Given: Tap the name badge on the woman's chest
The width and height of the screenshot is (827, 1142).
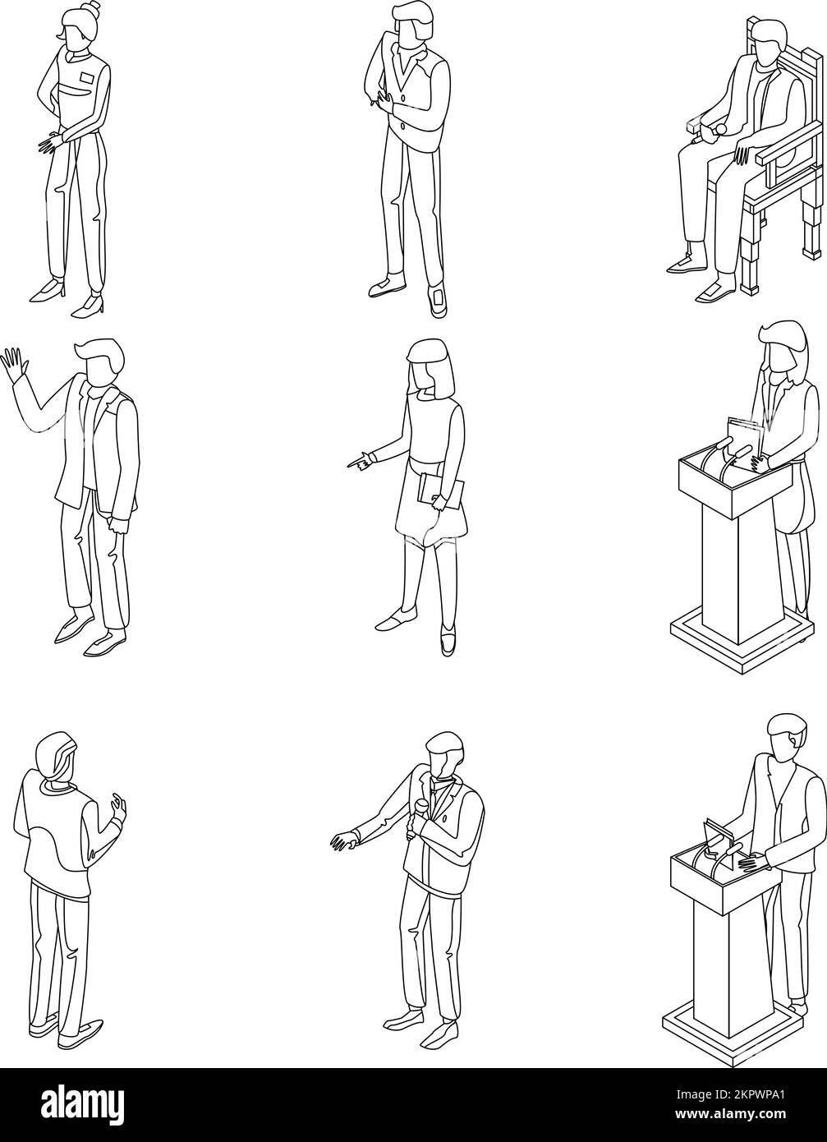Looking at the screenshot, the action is coord(88,79).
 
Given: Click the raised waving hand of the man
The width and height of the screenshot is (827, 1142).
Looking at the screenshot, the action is coord(14,362).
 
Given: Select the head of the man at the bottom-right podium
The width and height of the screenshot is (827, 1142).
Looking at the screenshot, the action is coord(787,734).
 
